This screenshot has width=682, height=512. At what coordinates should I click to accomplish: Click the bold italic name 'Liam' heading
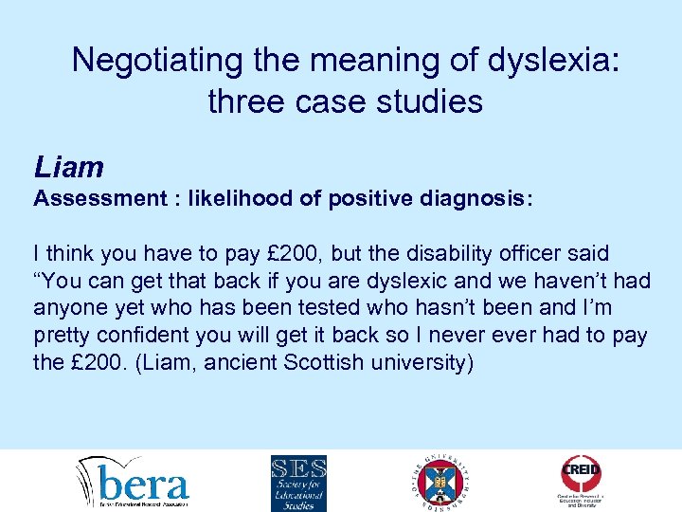tap(68, 168)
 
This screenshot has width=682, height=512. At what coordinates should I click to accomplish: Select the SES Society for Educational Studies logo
tap(298, 484)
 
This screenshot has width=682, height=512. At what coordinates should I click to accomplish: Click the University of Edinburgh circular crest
tap(441, 484)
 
